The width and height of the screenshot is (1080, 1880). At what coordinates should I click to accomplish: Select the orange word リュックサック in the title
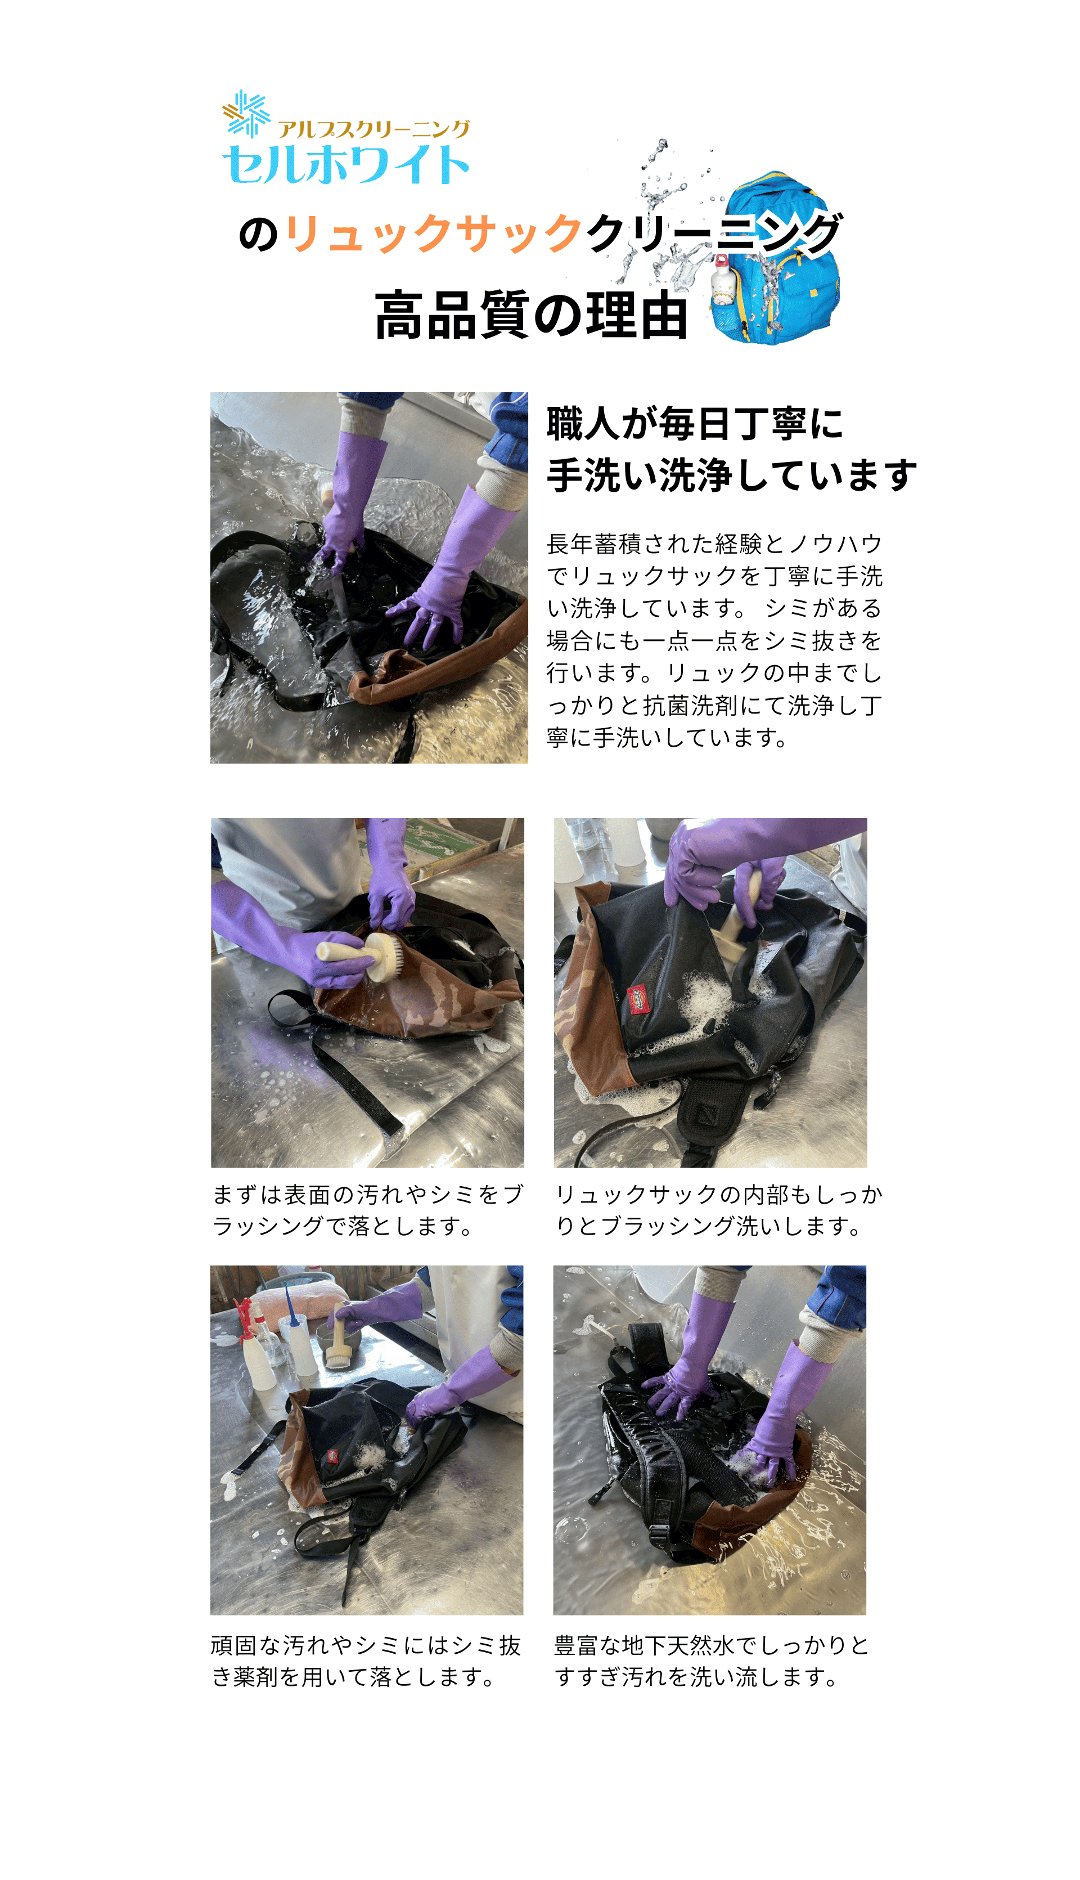(433, 233)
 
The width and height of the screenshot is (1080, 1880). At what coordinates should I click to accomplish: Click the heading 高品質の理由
(531, 315)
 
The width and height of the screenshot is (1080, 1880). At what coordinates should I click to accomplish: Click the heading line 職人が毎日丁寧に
(694, 424)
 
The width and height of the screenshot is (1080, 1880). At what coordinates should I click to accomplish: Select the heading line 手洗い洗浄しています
(731, 475)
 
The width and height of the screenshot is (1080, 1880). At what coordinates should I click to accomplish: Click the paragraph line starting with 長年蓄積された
(714, 544)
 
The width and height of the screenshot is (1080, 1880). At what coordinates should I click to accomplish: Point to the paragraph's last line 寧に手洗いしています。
(667, 738)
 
